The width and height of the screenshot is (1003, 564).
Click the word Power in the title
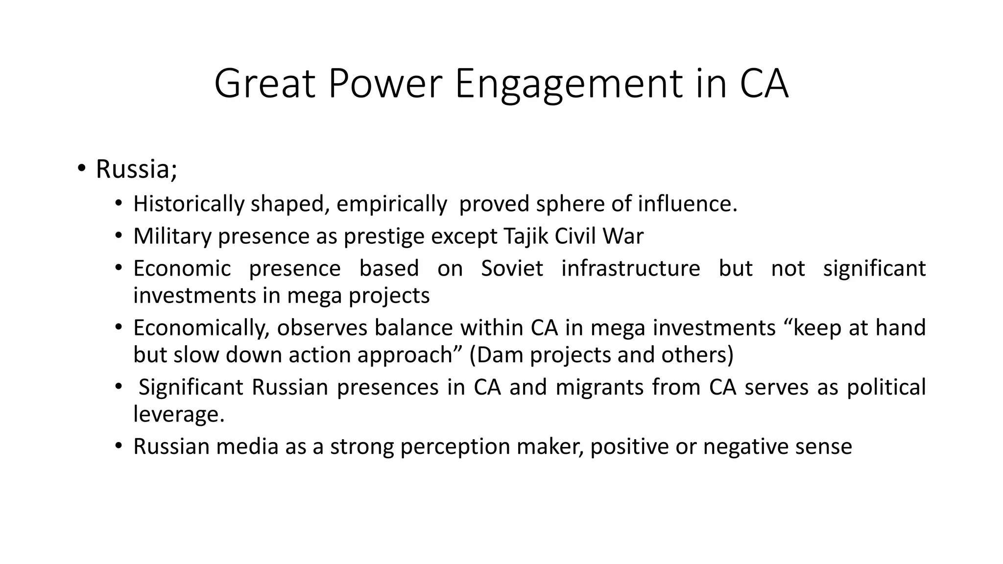coord(385,84)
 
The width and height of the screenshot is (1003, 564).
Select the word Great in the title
coord(264,84)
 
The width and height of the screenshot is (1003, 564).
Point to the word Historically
coord(189,204)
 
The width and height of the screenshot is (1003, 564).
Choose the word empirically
coord(392,204)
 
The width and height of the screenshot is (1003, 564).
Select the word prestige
coord(384,236)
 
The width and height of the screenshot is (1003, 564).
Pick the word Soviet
coord(512,268)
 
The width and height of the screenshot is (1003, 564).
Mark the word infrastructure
coord(631,268)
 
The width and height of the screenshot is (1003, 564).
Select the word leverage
coord(179,414)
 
